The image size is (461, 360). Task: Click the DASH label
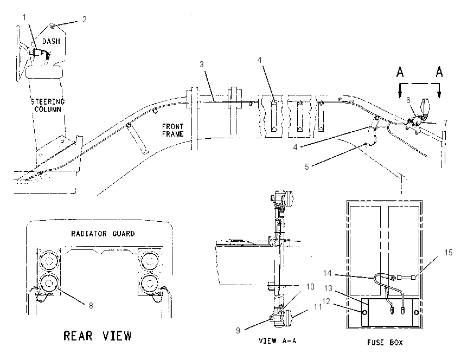[x=51, y=41]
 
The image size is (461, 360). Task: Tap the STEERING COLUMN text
[x=48, y=105]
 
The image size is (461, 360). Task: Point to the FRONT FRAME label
[x=173, y=130]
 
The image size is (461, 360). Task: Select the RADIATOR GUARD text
[x=103, y=234]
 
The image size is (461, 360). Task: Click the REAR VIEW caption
[x=98, y=336]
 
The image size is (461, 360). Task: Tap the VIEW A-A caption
[x=277, y=340]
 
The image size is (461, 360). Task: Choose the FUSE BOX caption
[x=385, y=342]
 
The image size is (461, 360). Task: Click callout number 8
[x=91, y=306]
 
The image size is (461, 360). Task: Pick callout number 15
[x=449, y=253]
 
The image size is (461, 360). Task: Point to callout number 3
[x=202, y=65]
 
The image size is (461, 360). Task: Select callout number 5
[x=306, y=167]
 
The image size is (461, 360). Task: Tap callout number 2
[x=85, y=20]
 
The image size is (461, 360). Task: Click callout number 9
[x=238, y=331]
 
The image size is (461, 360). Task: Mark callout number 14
[x=327, y=273]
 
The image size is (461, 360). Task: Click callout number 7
[x=446, y=123]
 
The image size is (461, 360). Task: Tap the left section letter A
[x=400, y=72]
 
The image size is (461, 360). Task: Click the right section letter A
[x=439, y=72]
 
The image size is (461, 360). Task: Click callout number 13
[x=328, y=288]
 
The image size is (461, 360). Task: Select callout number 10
[x=310, y=286]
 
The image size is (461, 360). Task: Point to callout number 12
[x=326, y=301]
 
